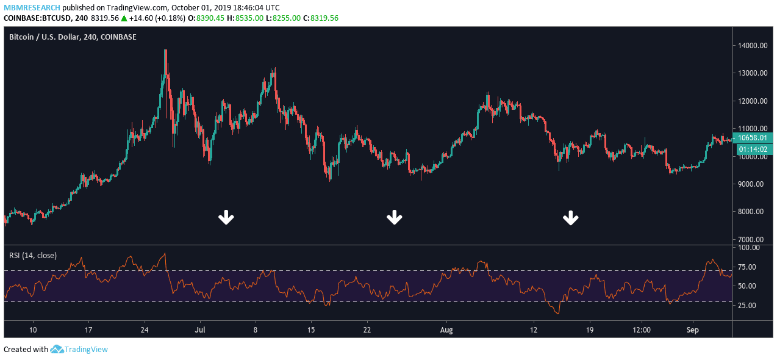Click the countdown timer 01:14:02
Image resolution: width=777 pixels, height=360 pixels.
(x=753, y=149)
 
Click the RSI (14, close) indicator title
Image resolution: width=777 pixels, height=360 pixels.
(x=33, y=255)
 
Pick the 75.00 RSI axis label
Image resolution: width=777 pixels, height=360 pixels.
(x=749, y=267)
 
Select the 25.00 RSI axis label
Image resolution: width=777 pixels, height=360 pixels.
(x=749, y=306)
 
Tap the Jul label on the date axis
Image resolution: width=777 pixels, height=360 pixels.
(x=199, y=329)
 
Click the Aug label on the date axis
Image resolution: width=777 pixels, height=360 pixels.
(x=446, y=329)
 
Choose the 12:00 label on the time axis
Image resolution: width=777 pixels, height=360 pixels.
(x=642, y=329)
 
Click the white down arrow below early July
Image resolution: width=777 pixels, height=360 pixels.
(x=226, y=217)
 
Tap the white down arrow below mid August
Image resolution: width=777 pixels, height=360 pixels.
(x=571, y=217)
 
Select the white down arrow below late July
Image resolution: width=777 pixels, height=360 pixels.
(x=395, y=217)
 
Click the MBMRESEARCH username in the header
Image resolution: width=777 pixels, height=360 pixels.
(x=32, y=8)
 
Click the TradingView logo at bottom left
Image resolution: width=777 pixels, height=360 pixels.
(x=79, y=350)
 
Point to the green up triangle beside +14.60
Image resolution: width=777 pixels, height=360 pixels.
(x=124, y=18)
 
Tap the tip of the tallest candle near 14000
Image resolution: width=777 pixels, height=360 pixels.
(x=165, y=50)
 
